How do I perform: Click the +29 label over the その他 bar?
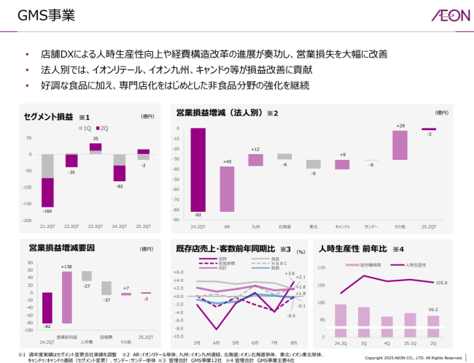400,126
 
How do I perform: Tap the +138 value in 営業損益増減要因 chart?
66,268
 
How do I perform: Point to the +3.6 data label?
290,273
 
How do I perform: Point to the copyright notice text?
413,357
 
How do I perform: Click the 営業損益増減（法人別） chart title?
222,112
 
